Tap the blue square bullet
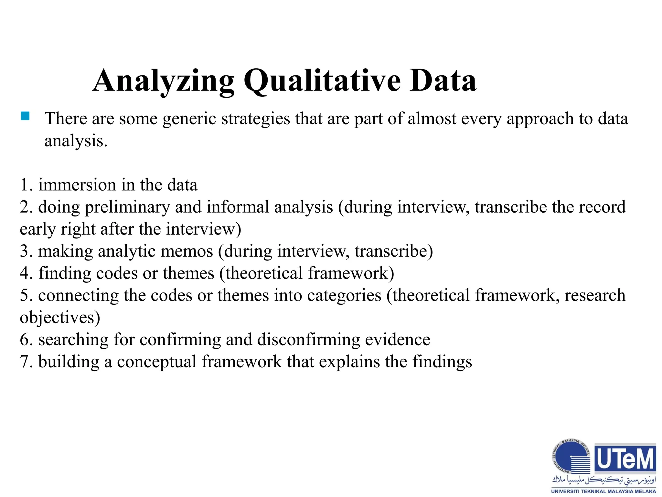(25, 116)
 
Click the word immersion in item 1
(77, 185)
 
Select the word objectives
(60, 318)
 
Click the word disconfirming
(309, 340)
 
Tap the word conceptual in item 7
(157, 362)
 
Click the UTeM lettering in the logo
(625, 459)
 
